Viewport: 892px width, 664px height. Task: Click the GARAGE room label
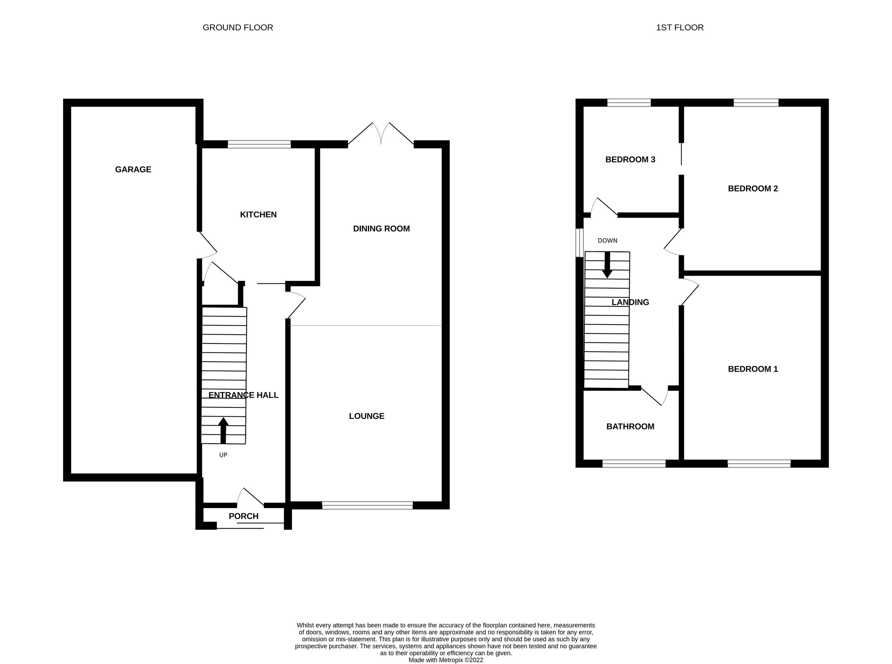tap(133, 169)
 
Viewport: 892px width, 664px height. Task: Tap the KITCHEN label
tap(258, 215)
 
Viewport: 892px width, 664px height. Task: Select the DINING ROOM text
tap(381, 229)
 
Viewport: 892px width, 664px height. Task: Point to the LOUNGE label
tap(366, 416)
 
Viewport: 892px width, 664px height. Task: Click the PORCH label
tap(243, 516)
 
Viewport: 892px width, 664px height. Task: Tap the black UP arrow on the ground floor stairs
tap(223, 430)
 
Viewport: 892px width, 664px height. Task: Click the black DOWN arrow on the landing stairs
tap(607, 265)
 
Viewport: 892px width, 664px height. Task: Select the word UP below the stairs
tap(223, 455)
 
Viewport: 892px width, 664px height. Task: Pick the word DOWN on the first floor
tap(607, 241)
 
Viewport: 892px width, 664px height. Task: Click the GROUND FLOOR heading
tap(237, 27)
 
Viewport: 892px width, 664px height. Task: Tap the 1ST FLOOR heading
tap(680, 27)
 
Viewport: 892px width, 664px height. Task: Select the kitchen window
tap(259, 144)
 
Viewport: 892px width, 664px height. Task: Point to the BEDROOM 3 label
tap(630, 160)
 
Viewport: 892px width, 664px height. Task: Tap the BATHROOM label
tap(630, 426)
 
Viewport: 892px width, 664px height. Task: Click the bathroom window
tap(634, 463)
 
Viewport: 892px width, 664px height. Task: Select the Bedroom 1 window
tap(759, 463)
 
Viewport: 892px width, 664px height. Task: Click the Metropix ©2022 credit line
tap(446, 660)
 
